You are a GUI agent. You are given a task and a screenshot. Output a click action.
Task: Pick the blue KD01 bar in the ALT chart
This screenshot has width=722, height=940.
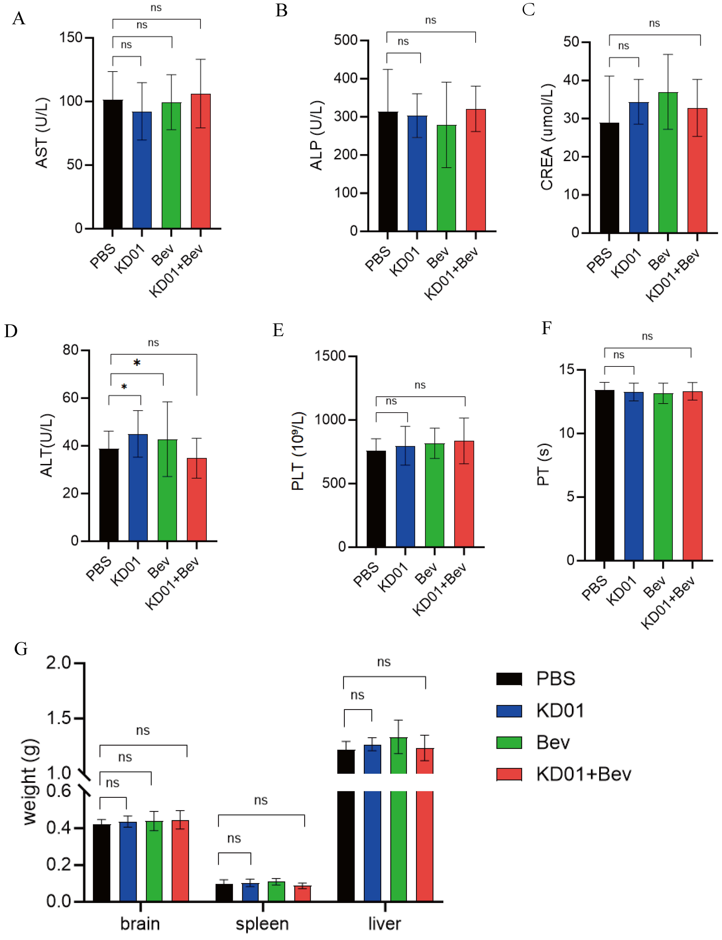[x=138, y=488]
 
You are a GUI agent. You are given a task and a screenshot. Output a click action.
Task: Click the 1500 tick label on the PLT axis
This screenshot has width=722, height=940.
[x=330, y=356]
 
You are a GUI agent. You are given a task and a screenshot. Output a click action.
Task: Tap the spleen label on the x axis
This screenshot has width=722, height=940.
[x=262, y=924]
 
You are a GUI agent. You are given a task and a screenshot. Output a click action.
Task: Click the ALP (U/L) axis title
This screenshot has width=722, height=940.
[x=316, y=135]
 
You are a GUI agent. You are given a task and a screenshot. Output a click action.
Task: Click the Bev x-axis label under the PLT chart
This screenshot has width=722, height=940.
[x=425, y=574]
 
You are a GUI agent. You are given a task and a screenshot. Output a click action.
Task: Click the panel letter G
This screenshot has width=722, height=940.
[x=21, y=649]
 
